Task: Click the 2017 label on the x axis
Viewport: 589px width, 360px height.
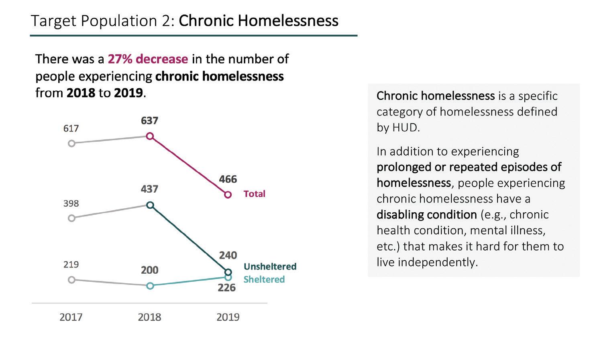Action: coord(71,317)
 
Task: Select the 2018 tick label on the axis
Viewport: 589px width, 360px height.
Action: coord(149,317)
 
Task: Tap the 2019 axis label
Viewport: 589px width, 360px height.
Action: coord(228,317)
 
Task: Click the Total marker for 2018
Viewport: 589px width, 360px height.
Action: coord(150,136)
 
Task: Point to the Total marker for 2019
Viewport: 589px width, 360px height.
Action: coord(228,195)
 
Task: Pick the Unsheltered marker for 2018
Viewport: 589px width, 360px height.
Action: coord(150,205)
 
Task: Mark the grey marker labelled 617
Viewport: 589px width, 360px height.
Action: coord(71,143)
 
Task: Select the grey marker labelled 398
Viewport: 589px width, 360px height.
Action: coord(71,218)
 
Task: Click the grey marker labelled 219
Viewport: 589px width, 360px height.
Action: coord(71,280)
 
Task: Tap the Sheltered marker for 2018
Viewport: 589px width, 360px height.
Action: coord(150,286)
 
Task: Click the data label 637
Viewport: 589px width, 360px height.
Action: coord(149,120)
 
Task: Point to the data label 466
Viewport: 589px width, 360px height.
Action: coord(228,179)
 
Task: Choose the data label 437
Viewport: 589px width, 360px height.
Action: coord(149,189)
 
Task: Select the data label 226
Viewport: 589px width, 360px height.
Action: coord(226,288)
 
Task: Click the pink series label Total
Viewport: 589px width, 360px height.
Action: coord(254,194)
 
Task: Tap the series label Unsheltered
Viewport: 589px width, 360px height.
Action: coord(270,266)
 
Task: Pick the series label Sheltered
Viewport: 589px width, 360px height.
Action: coord(264,279)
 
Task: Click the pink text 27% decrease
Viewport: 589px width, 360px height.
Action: coord(148,59)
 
